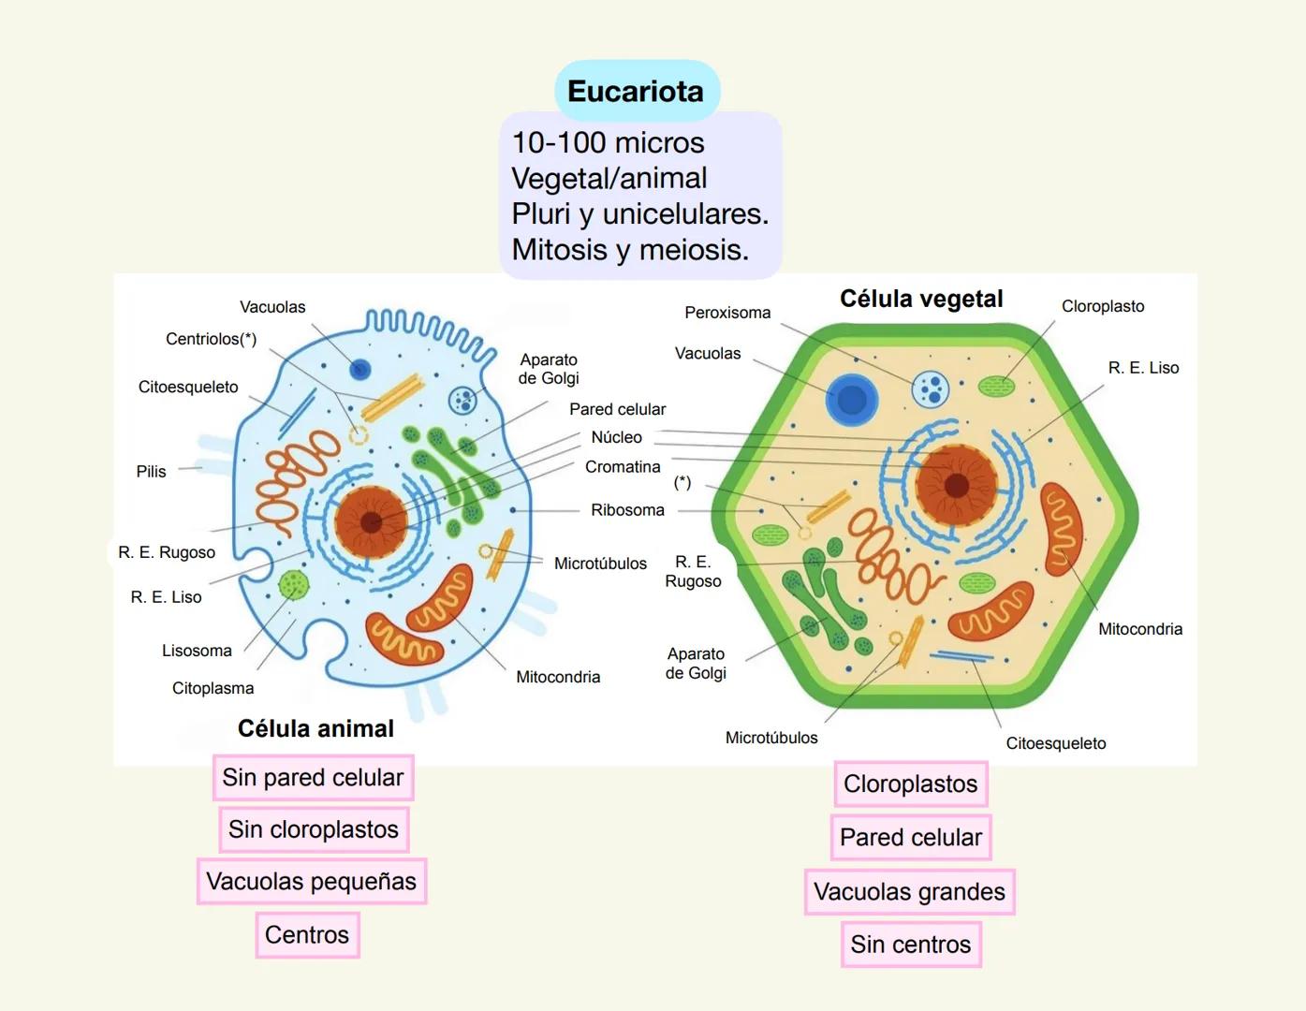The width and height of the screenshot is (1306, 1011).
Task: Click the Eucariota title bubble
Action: [636, 91]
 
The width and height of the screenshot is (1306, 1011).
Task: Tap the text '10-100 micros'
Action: [608, 142]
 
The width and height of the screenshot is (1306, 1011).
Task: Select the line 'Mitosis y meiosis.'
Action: [630, 250]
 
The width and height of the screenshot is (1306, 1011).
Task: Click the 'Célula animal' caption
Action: [315, 728]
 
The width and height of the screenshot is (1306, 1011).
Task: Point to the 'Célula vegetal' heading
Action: [921, 299]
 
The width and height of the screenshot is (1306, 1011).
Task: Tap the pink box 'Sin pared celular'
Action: [313, 778]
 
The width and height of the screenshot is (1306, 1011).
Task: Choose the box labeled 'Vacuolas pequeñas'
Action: [312, 881]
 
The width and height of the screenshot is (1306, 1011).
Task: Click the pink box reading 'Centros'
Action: [307, 934]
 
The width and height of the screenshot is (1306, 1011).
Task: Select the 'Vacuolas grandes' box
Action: [909, 891]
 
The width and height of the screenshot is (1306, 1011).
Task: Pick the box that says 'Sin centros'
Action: [910, 945]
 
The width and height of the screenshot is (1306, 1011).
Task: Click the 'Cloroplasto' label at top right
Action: [1102, 306]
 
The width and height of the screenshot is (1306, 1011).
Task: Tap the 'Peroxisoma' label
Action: [727, 313]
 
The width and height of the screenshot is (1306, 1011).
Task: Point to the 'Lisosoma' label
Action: [197, 651]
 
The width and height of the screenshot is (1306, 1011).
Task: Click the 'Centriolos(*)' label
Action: [211, 339]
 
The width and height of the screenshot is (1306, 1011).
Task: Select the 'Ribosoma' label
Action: [627, 510]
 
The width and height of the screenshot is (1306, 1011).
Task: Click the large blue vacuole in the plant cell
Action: [852, 400]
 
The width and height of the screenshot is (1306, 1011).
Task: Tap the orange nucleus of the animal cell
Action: [371, 521]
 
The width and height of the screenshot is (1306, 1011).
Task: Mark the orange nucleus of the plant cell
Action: [956, 485]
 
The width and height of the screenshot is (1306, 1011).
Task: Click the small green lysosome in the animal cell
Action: [294, 586]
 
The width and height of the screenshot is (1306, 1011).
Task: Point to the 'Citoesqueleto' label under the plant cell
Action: [1055, 743]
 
